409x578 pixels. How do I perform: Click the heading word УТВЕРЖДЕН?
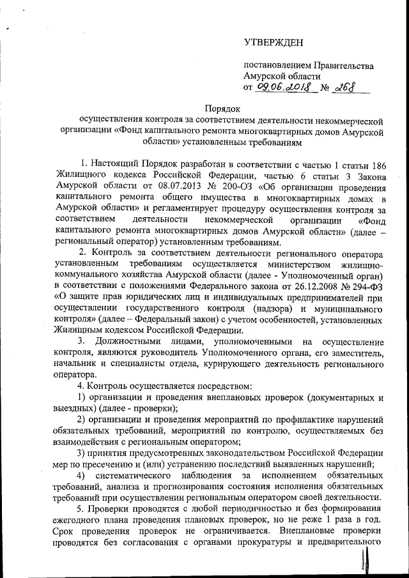[x=270, y=42]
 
